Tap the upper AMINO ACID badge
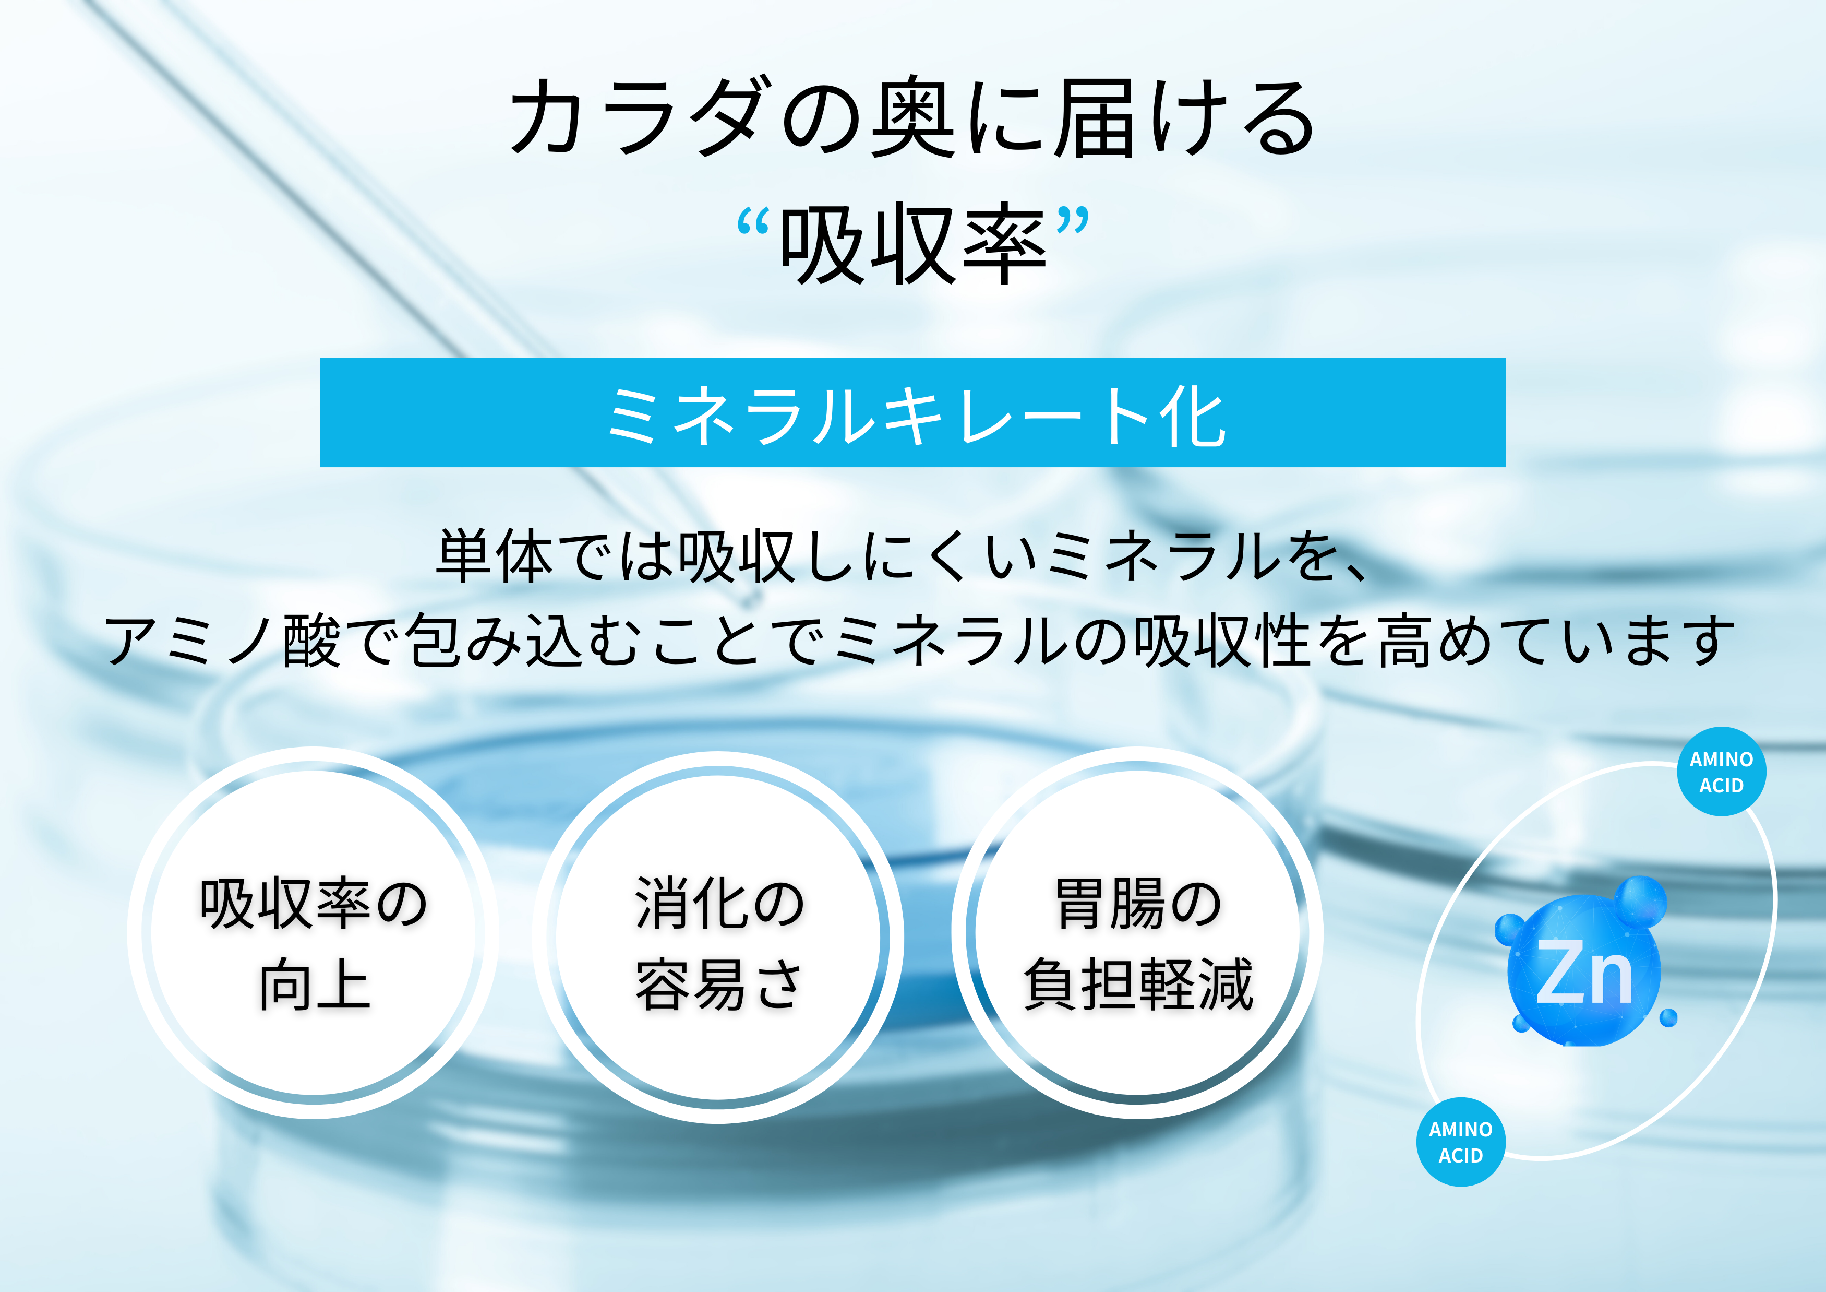coord(1721,772)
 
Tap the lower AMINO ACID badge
coord(1460,1142)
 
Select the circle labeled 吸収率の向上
coord(314,933)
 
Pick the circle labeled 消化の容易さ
coord(718,937)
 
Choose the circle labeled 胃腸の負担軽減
coord(1137,933)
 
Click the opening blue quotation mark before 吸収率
coord(752,222)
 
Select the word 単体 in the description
coord(494,556)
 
